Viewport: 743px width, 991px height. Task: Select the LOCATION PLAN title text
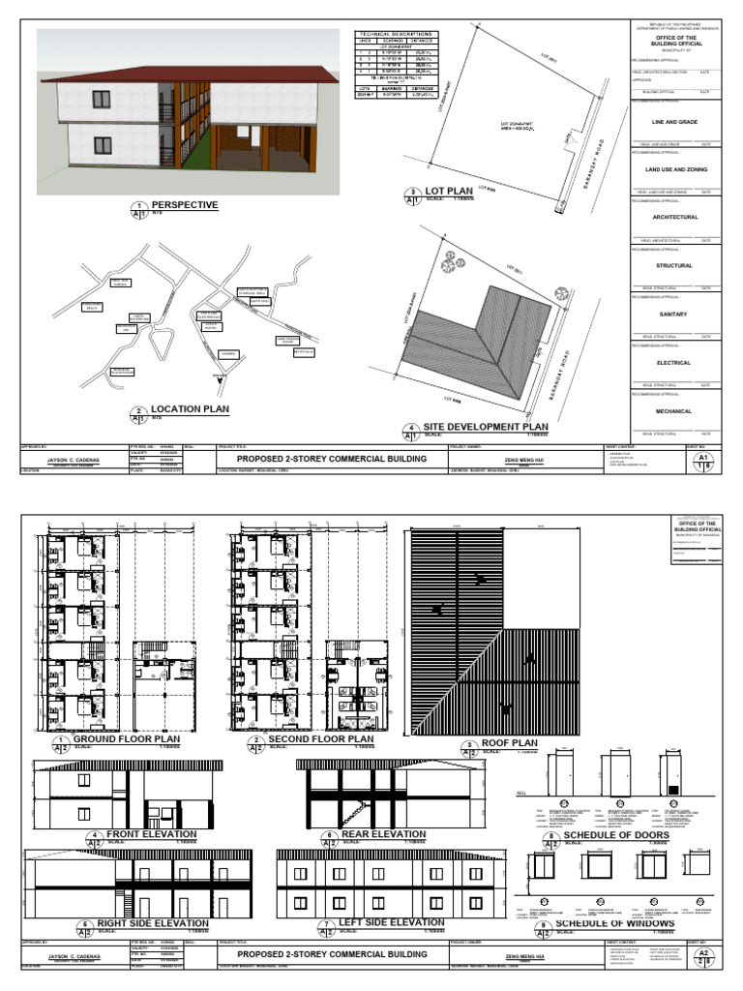(190, 409)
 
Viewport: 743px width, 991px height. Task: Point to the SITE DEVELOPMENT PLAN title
(486, 426)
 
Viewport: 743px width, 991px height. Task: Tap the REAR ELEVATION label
(384, 833)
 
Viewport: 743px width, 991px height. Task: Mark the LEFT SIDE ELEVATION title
(392, 923)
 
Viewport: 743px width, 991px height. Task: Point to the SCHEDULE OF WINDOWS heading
(614, 923)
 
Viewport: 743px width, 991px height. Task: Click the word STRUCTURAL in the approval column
(673, 265)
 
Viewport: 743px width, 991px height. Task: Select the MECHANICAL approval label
(673, 411)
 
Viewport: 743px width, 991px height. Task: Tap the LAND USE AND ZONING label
(673, 169)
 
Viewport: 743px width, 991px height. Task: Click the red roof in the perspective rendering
(193, 72)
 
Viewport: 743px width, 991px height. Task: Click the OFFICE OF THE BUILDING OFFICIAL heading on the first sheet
(673, 41)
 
